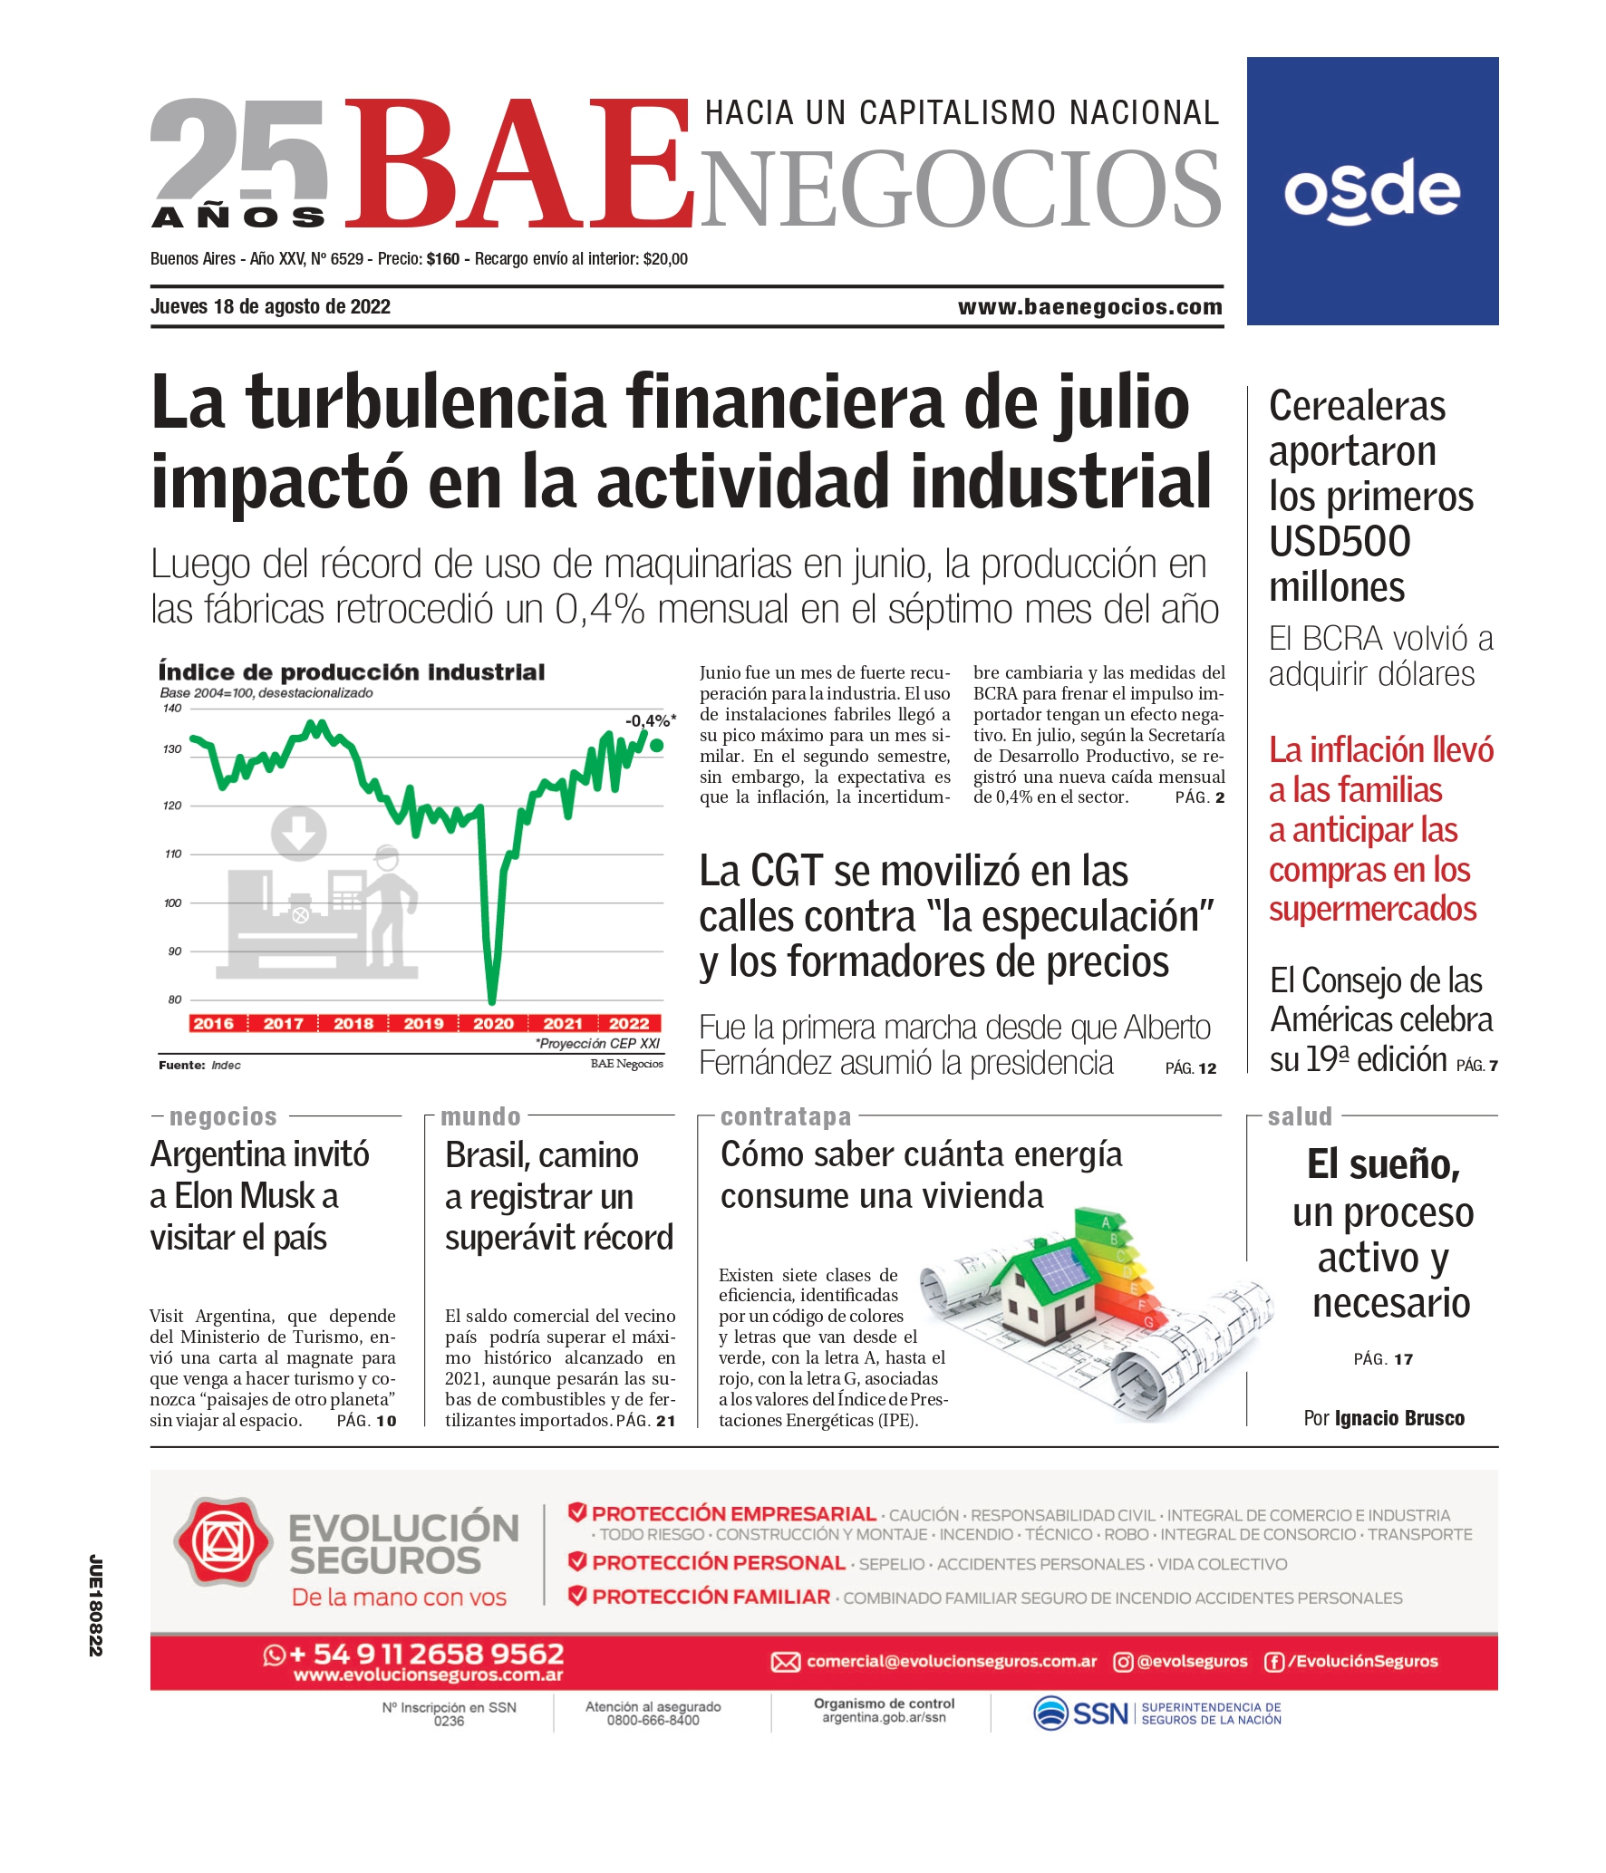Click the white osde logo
[x=1371, y=191]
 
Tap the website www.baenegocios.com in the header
[x=1089, y=307]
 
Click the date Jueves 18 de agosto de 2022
[x=270, y=307]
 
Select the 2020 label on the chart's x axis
[x=493, y=1023]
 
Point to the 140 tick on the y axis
[x=172, y=709]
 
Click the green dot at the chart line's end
[x=657, y=746]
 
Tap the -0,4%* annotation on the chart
[x=650, y=721]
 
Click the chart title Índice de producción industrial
[x=352, y=672]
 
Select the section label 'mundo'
[x=480, y=1116]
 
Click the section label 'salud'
[x=1300, y=1116]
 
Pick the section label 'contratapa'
[x=786, y=1116]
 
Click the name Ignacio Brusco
[x=1399, y=1418]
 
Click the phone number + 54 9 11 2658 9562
[x=426, y=1654]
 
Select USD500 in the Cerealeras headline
[x=1340, y=542]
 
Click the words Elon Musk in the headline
[x=244, y=1196]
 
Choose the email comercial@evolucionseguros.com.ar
[x=951, y=1661]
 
